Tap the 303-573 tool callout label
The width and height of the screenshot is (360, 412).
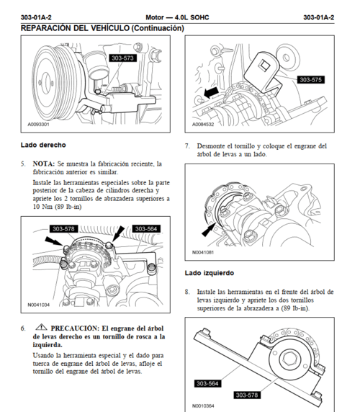click(122, 58)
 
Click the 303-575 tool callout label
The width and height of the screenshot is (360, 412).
click(310, 79)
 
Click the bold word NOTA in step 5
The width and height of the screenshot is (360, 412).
click(45, 164)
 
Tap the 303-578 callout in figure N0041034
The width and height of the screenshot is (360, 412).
click(63, 228)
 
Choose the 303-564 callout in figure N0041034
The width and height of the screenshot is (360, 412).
click(145, 228)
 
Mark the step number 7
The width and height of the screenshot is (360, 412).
click(187, 145)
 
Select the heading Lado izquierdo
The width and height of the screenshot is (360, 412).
click(209, 273)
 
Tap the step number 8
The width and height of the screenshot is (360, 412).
click(187, 292)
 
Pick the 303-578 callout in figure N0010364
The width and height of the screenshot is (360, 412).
click(249, 394)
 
